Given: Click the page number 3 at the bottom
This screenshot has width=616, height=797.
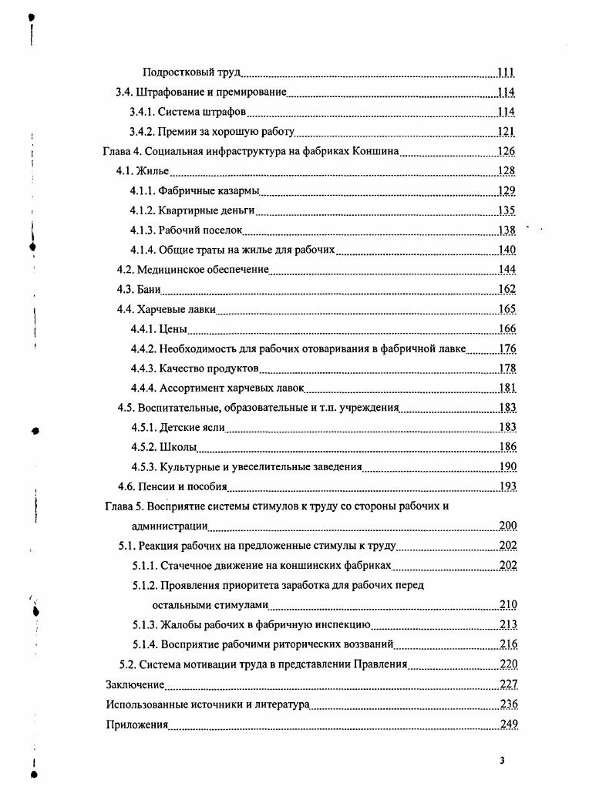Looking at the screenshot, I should tap(502, 761).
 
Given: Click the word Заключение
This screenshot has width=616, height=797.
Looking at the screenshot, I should tap(135, 684).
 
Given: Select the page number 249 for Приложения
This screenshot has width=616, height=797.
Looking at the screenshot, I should tap(508, 725).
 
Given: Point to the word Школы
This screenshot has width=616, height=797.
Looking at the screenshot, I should tap(178, 447).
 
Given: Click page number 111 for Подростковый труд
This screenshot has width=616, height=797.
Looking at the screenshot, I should tap(506, 72).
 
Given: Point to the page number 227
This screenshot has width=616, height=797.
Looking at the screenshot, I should tap(508, 684).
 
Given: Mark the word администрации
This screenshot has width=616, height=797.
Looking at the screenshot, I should tap(170, 526).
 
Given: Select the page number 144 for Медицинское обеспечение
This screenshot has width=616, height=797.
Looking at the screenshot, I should tap(507, 270).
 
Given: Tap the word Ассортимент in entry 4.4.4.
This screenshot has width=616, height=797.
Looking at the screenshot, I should tap(190, 388).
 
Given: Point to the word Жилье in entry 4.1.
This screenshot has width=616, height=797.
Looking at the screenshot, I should tap(153, 171).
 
